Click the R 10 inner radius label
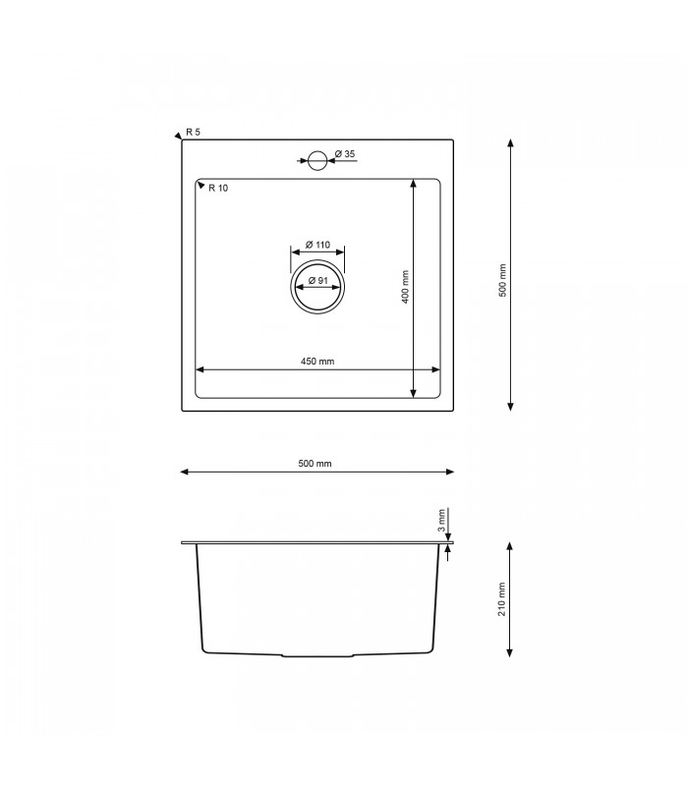(x=218, y=188)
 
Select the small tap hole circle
(x=317, y=160)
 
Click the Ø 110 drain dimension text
(x=316, y=244)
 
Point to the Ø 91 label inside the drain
(x=317, y=281)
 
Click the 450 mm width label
(x=317, y=362)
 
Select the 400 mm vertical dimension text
(x=405, y=287)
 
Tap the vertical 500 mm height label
(x=502, y=280)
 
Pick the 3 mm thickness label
(x=442, y=519)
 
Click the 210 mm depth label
(x=502, y=598)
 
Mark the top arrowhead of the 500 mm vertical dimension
(x=511, y=144)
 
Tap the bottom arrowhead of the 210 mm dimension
(x=511, y=652)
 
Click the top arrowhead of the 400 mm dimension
(x=413, y=184)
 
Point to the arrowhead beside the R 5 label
(x=178, y=137)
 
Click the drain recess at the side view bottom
(x=317, y=654)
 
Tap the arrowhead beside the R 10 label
(x=201, y=184)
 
